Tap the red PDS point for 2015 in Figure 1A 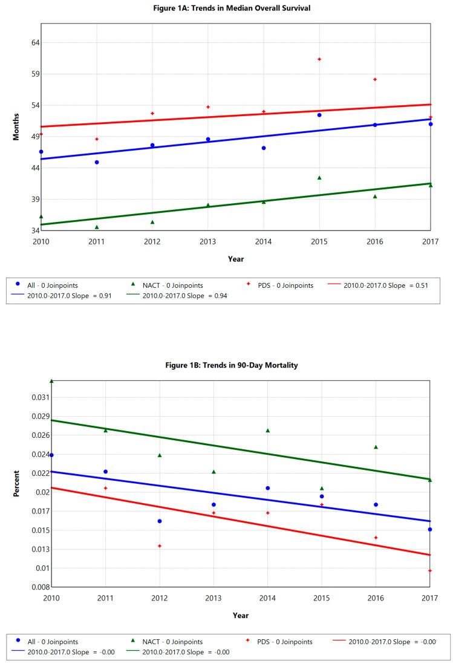(319, 59)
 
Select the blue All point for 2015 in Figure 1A (319, 115)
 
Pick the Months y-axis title (17, 126)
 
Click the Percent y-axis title (17, 484)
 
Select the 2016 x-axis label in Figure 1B (376, 598)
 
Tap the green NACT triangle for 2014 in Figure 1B (268, 431)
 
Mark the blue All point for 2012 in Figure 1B (160, 521)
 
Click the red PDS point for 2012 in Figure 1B (160, 546)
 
